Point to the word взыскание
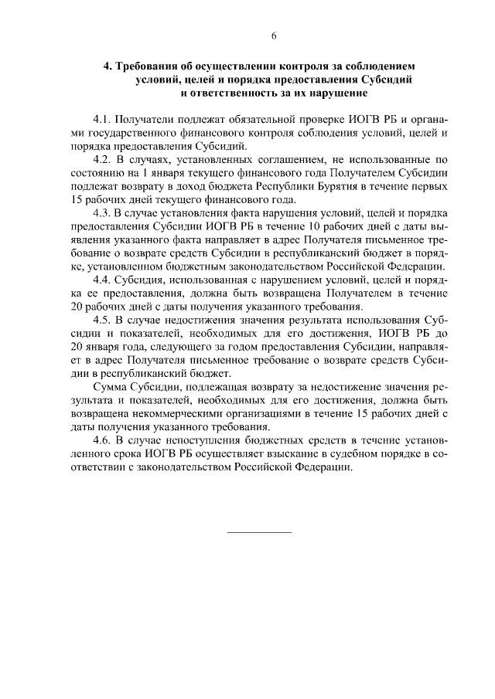(301, 453)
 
